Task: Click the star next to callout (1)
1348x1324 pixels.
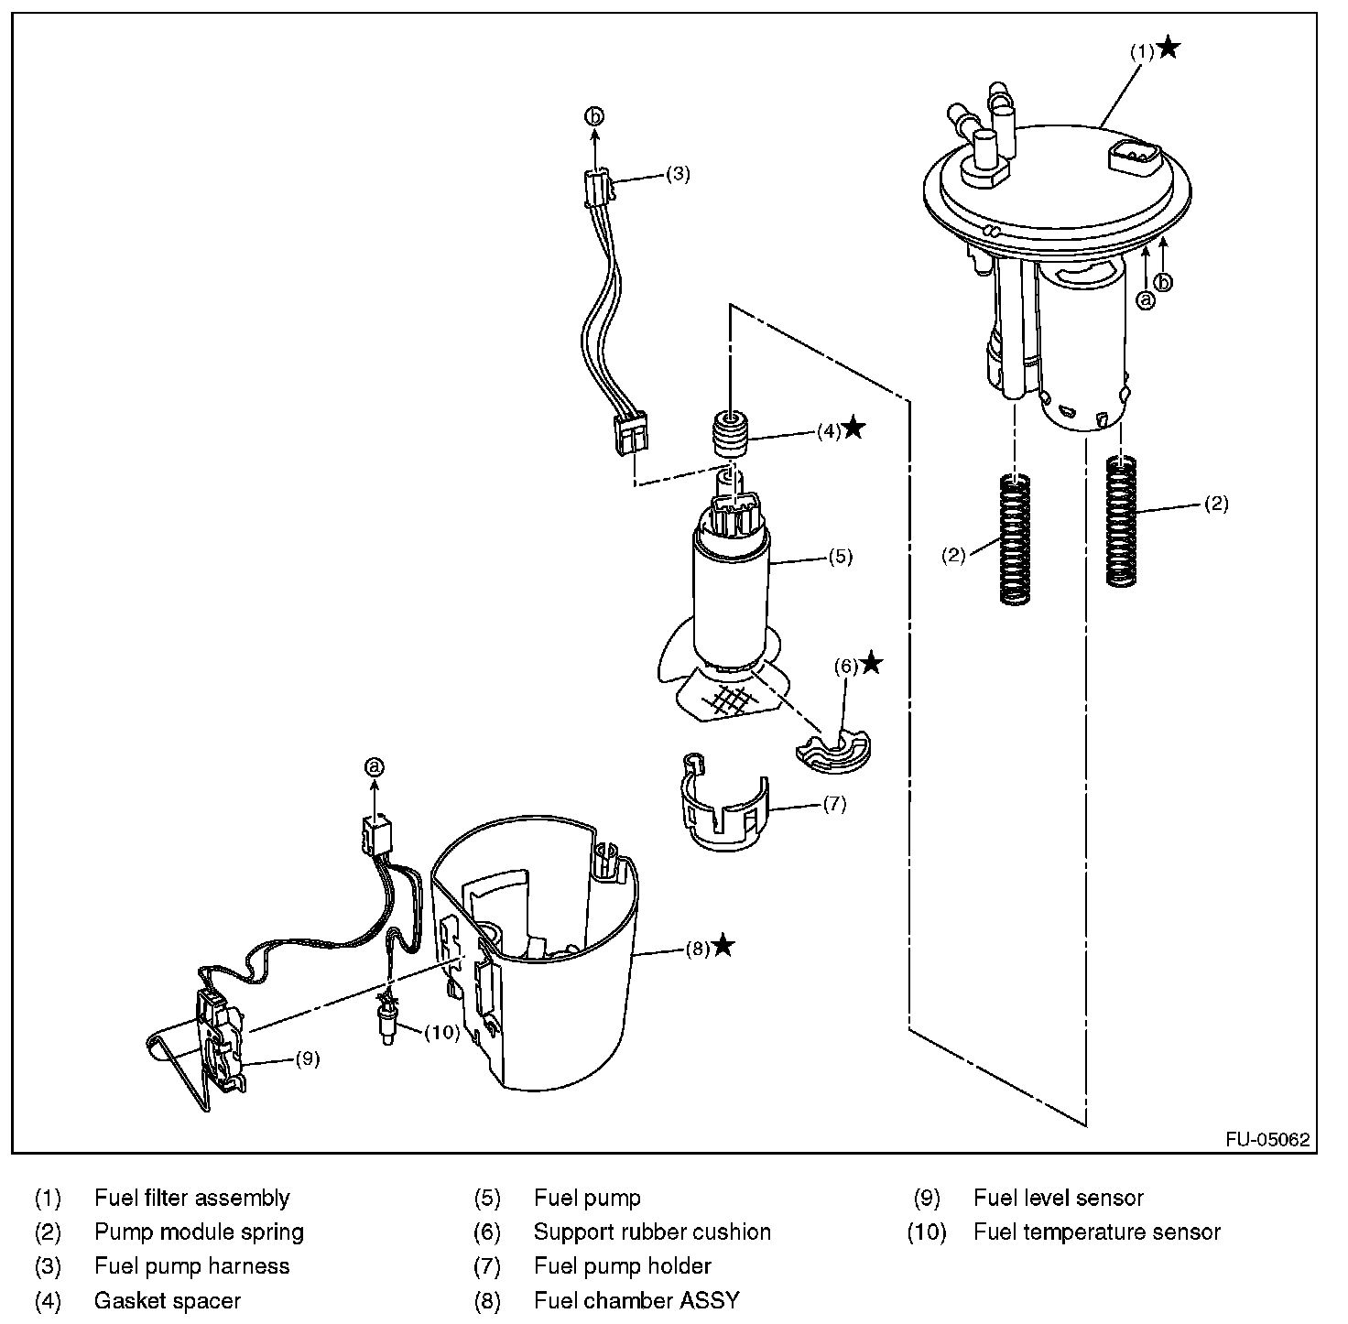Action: tap(1169, 49)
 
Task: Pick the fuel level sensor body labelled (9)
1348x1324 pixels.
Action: tap(223, 1039)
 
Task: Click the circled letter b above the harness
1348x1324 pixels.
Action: tap(595, 116)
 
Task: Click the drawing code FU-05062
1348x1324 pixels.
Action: tap(1267, 1140)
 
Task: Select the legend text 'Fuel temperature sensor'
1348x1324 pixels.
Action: tap(1096, 1232)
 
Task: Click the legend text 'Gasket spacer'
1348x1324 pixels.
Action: tap(167, 1300)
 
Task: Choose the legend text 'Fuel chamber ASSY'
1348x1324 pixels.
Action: tap(636, 1300)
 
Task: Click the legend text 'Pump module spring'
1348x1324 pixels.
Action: tap(199, 1232)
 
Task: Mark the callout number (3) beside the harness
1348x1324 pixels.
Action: tap(677, 174)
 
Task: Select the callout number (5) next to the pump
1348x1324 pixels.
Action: tap(840, 556)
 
